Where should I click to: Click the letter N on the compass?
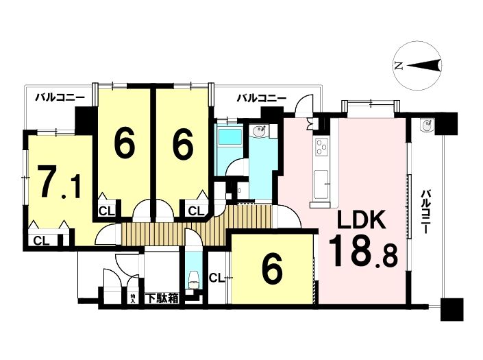(x=399, y=66)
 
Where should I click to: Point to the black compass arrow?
(x=424, y=65)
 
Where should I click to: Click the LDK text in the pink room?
(x=361, y=219)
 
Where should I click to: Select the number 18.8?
(x=363, y=252)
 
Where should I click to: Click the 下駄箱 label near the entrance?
(x=162, y=298)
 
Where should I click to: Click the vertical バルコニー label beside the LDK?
(x=426, y=212)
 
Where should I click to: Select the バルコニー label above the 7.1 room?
(x=60, y=98)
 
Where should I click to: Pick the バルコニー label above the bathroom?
(x=262, y=98)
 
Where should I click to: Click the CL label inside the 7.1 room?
(x=42, y=241)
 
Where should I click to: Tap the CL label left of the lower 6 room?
(x=217, y=278)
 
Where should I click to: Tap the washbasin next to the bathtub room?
(x=258, y=131)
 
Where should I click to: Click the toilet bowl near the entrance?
(x=194, y=278)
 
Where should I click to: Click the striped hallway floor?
(x=197, y=225)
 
